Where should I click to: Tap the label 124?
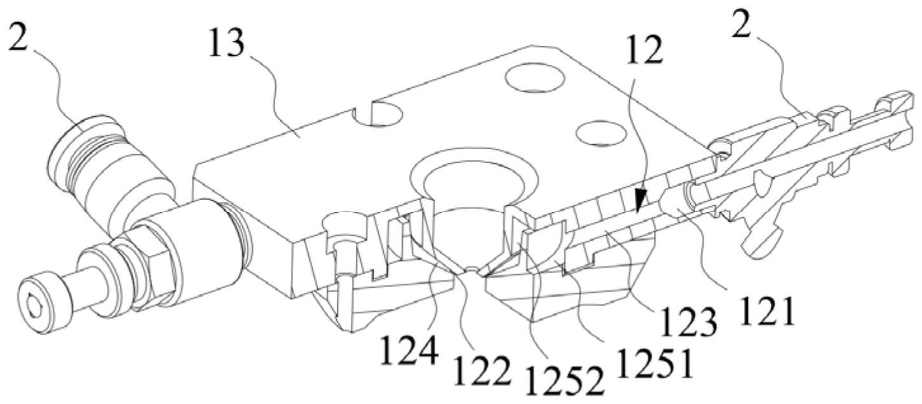(x=409, y=350)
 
